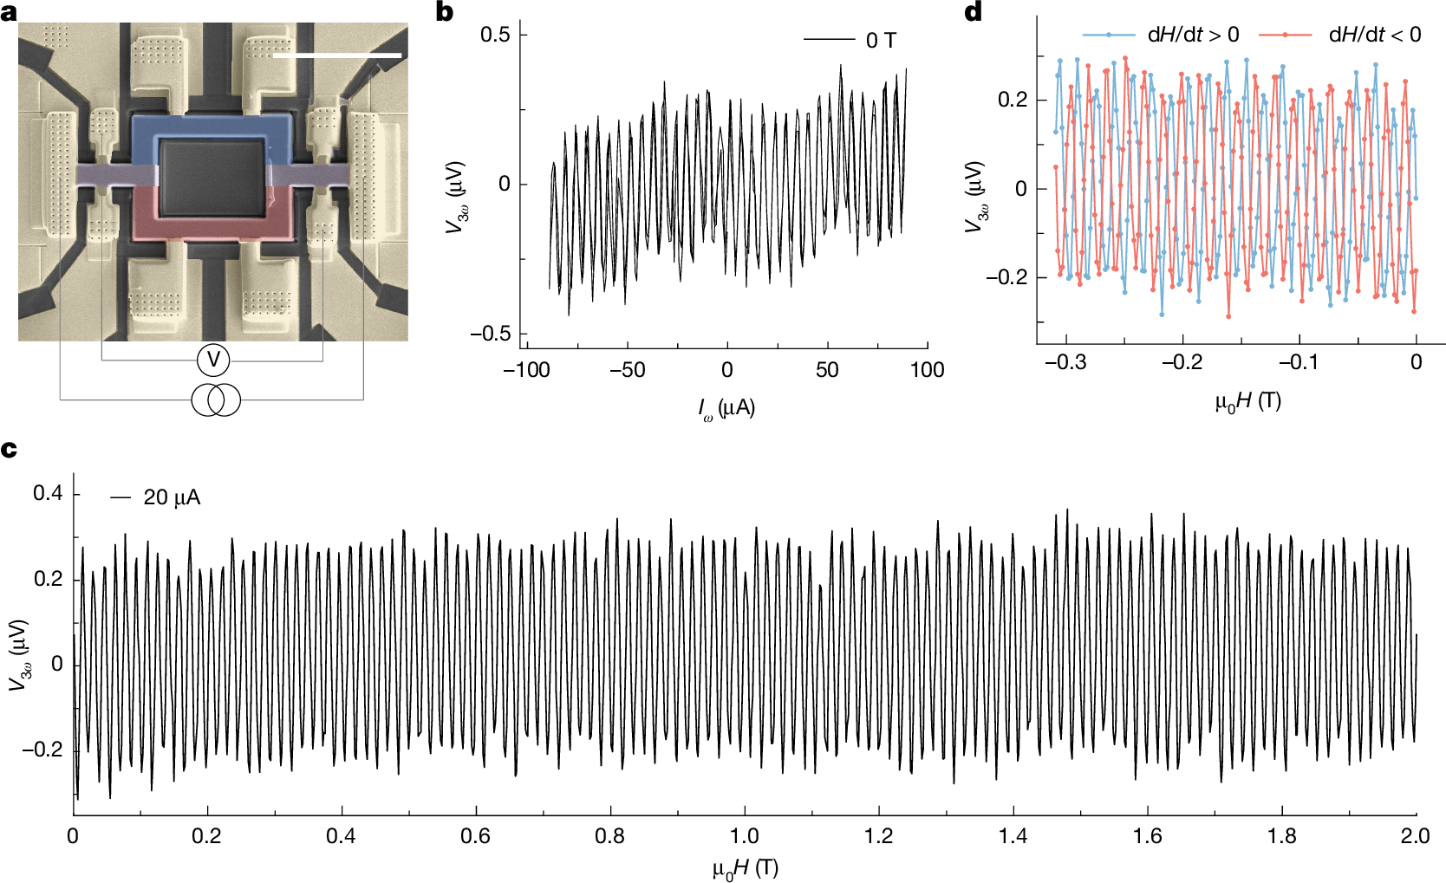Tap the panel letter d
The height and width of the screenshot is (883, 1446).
(974, 12)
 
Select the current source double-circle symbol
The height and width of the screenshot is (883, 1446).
(215, 399)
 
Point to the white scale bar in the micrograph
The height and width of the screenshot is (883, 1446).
(336, 55)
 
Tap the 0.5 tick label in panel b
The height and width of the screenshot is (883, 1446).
(495, 34)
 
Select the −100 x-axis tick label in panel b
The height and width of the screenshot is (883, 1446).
(526, 370)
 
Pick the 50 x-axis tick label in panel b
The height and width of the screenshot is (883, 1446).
(826, 370)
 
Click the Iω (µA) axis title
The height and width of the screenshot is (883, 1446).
(726, 408)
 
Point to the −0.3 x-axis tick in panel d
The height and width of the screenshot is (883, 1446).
(1065, 362)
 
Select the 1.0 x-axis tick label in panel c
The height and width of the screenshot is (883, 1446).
(744, 836)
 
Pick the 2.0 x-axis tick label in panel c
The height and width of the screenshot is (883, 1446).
(1415, 836)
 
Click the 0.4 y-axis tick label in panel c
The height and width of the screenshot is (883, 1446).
(48, 494)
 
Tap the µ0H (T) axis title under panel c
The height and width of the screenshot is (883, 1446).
(745, 868)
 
